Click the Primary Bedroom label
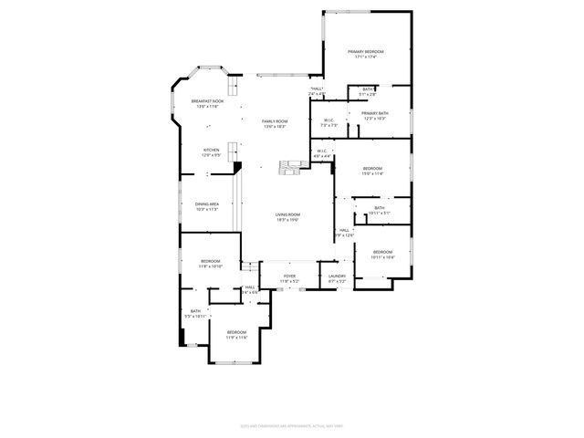pos(365,54)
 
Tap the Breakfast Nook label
pos(206,103)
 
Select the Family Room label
pos(275,123)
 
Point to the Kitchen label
pos(211,152)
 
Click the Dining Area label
pos(207,206)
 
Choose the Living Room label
pos(288,217)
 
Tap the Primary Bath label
pos(375,115)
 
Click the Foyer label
pos(289,277)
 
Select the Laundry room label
pos(337,277)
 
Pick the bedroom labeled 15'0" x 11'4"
pos(372,170)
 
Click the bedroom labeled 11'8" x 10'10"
pos(212,264)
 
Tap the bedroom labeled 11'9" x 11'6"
pos(236,334)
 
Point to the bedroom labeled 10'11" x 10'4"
pos(382,254)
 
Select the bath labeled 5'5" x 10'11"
pos(195,313)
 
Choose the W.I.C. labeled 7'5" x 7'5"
pos(328,122)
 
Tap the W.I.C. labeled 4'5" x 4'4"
pos(322,153)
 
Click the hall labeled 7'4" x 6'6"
pos(250,289)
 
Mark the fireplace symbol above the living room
pos(288,166)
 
